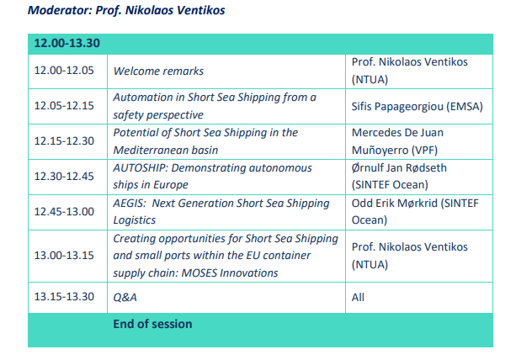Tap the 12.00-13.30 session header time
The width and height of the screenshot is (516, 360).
(x=66, y=43)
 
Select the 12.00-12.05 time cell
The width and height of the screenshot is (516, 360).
(x=64, y=71)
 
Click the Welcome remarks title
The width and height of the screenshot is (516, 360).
(x=158, y=71)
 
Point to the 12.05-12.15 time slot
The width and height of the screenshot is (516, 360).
(x=64, y=106)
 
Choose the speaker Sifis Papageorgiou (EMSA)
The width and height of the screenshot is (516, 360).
(x=417, y=107)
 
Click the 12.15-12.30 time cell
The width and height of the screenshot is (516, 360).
(x=64, y=141)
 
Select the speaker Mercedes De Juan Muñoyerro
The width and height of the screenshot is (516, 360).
(x=397, y=141)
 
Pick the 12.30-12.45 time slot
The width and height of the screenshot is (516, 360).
(x=64, y=177)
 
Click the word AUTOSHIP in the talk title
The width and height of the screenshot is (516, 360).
(x=141, y=168)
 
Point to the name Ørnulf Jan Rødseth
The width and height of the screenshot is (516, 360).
(x=399, y=168)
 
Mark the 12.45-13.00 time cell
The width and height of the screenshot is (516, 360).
(x=64, y=211)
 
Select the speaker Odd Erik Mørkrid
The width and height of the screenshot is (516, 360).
(x=395, y=204)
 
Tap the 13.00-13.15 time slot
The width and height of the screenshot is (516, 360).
(x=64, y=256)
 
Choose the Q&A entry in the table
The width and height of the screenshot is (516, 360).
(x=125, y=297)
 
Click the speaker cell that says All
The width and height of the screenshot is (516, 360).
(x=358, y=297)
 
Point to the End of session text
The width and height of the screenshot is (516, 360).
(x=152, y=324)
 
